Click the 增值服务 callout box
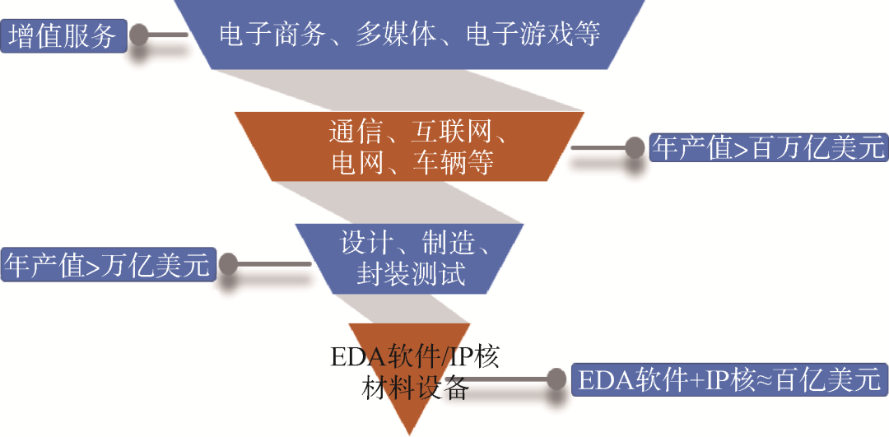[63, 37]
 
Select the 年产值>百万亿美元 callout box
[767, 148]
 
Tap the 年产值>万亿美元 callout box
[107, 265]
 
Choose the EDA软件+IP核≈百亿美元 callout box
[728, 380]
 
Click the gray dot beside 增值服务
[140, 36]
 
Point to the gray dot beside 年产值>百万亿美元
[635, 148]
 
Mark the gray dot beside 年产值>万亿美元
[227, 265]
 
